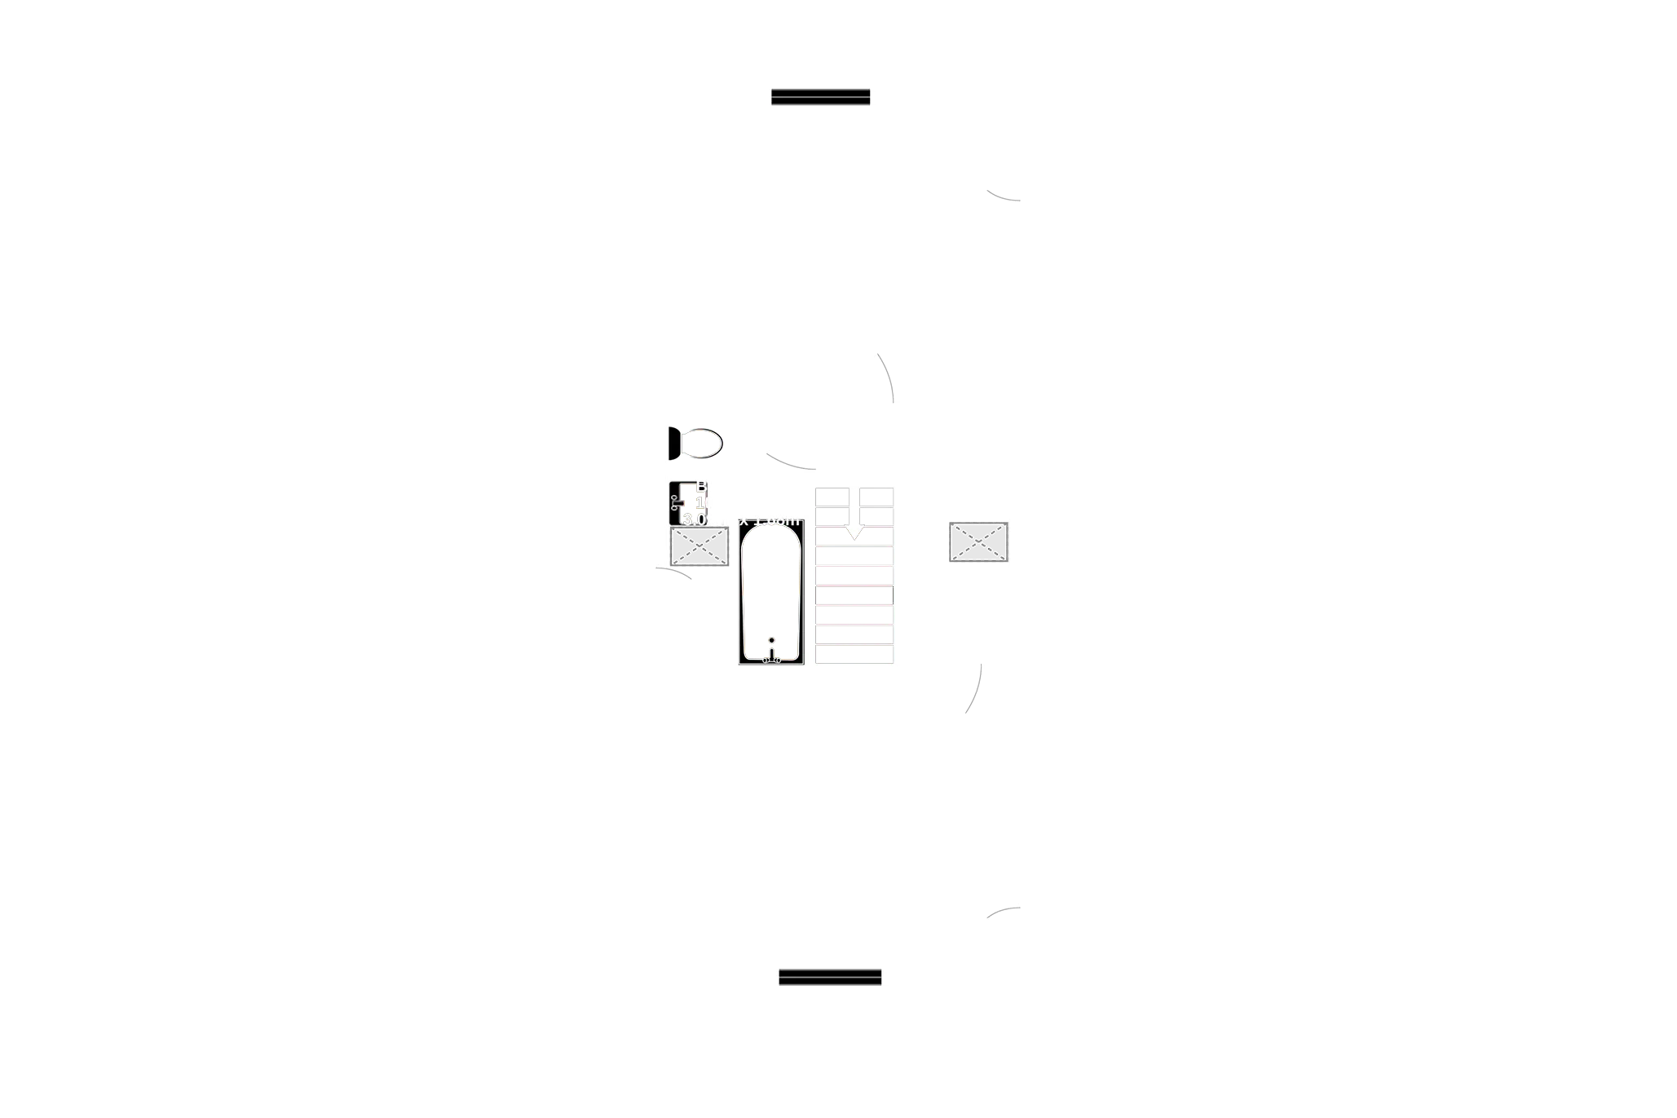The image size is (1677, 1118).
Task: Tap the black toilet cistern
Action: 674,444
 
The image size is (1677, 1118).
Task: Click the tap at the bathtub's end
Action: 771,652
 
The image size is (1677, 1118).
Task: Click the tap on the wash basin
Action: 676,503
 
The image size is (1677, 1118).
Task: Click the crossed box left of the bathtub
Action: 699,546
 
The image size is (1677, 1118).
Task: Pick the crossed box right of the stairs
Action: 978,543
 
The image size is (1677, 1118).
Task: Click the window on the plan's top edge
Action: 821,97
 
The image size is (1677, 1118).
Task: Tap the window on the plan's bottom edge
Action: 830,977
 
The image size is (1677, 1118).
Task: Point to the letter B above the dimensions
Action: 701,487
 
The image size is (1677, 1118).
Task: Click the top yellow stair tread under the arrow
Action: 854,536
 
